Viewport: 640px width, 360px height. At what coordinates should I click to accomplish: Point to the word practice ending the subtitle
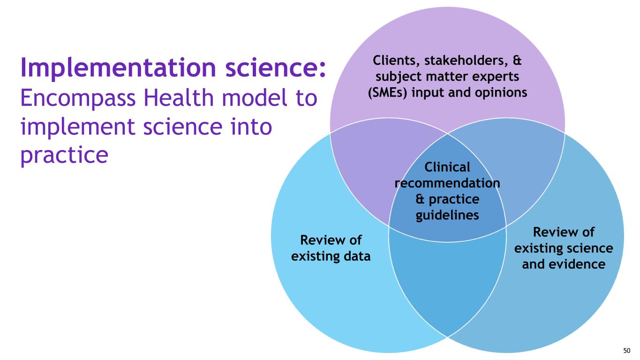tap(64, 155)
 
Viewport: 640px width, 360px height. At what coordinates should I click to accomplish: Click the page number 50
tap(627, 350)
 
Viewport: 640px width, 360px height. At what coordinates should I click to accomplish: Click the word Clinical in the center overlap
tap(447, 167)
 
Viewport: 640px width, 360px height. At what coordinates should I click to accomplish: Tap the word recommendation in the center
tap(447, 183)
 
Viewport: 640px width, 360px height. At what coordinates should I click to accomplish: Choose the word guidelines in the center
tap(447, 215)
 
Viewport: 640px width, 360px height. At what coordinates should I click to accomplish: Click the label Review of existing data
tap(331, 248)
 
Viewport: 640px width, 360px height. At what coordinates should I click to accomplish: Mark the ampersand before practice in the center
tap(421, 199)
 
